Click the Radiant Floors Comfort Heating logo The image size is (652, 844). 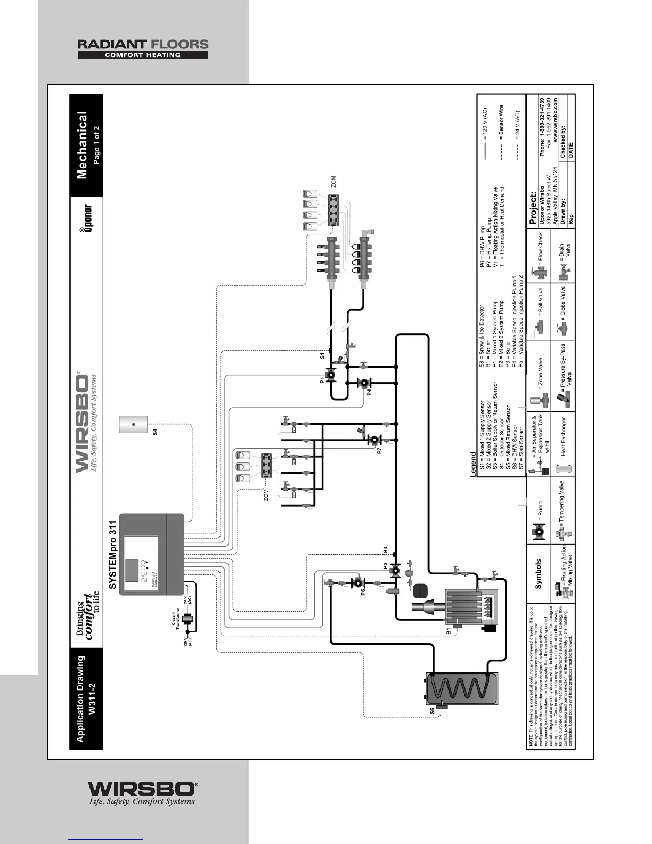coord(143,49)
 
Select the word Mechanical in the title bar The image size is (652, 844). coord(83,145)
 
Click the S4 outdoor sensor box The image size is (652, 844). coord(133,425)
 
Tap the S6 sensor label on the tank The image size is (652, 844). coord(433,710)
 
